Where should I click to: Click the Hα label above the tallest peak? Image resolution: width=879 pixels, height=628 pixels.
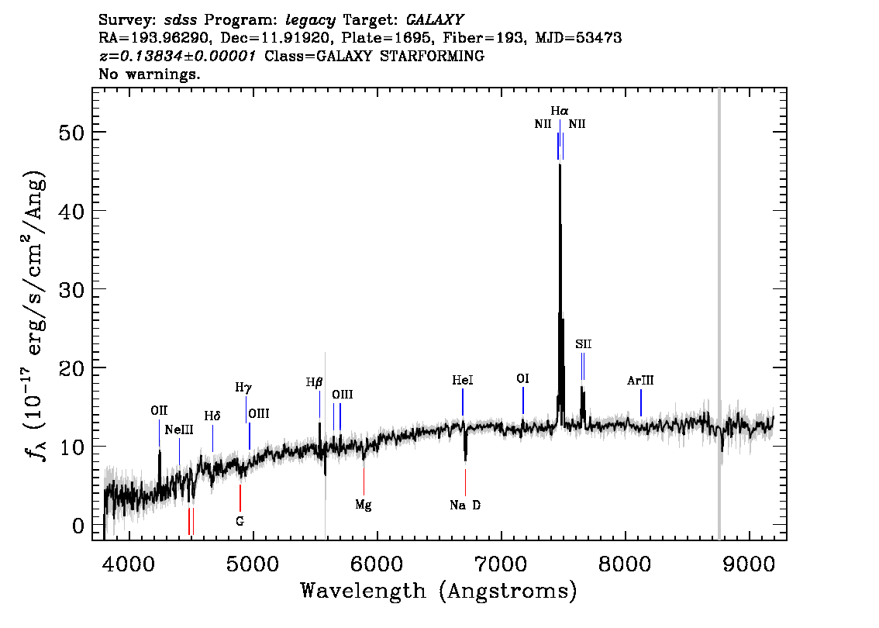coord(560,111)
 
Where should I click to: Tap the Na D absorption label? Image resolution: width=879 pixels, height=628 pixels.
coord(465,506)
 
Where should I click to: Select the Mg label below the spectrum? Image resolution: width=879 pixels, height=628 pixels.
coord(364,506)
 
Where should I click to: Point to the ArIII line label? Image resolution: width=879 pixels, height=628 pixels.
coord(640,381)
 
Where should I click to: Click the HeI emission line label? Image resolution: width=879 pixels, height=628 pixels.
coord(463,381)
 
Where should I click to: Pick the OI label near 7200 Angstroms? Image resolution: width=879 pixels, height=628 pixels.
coord(522,379)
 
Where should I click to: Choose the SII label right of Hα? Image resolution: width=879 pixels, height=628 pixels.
coord(583,344)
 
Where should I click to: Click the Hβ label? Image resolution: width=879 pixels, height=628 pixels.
coord(314,383)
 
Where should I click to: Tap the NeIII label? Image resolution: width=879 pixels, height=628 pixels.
coord(179,430)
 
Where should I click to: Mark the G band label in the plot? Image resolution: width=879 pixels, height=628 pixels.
coord(240,522)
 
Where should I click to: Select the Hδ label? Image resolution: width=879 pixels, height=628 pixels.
coord(212,416)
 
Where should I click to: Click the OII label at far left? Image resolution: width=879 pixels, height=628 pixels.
coord(159,411)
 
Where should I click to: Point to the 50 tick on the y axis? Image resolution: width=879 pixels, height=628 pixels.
coord(71,133)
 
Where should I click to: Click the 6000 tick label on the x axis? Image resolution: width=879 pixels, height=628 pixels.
coord(377,564)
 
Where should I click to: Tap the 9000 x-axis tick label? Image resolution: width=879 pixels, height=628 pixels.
coord(748,564)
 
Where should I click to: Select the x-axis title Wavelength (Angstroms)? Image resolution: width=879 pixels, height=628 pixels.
coord(439,591)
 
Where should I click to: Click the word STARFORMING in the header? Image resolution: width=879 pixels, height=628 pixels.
coord(432,56)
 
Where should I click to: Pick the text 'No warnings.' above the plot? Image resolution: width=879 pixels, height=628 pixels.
coord(149,74)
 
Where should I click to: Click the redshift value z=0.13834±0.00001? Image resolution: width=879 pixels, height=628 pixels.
coord(178,56)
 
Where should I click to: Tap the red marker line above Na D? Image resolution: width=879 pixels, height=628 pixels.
coord(465,482)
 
